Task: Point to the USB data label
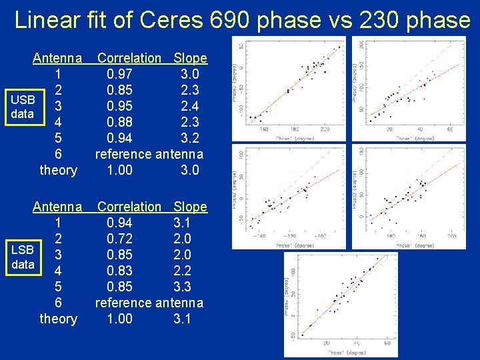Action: [23, 107]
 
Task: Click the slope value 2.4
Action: [190, 106]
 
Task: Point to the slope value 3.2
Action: [190, 138]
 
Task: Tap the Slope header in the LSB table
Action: [190, 207]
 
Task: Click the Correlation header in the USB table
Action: [129, 58]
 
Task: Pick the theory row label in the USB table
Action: [58, 170]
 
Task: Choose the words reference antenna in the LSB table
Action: [149, 303]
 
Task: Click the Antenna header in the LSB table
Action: [58, 207]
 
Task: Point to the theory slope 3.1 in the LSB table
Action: [182, 319]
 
